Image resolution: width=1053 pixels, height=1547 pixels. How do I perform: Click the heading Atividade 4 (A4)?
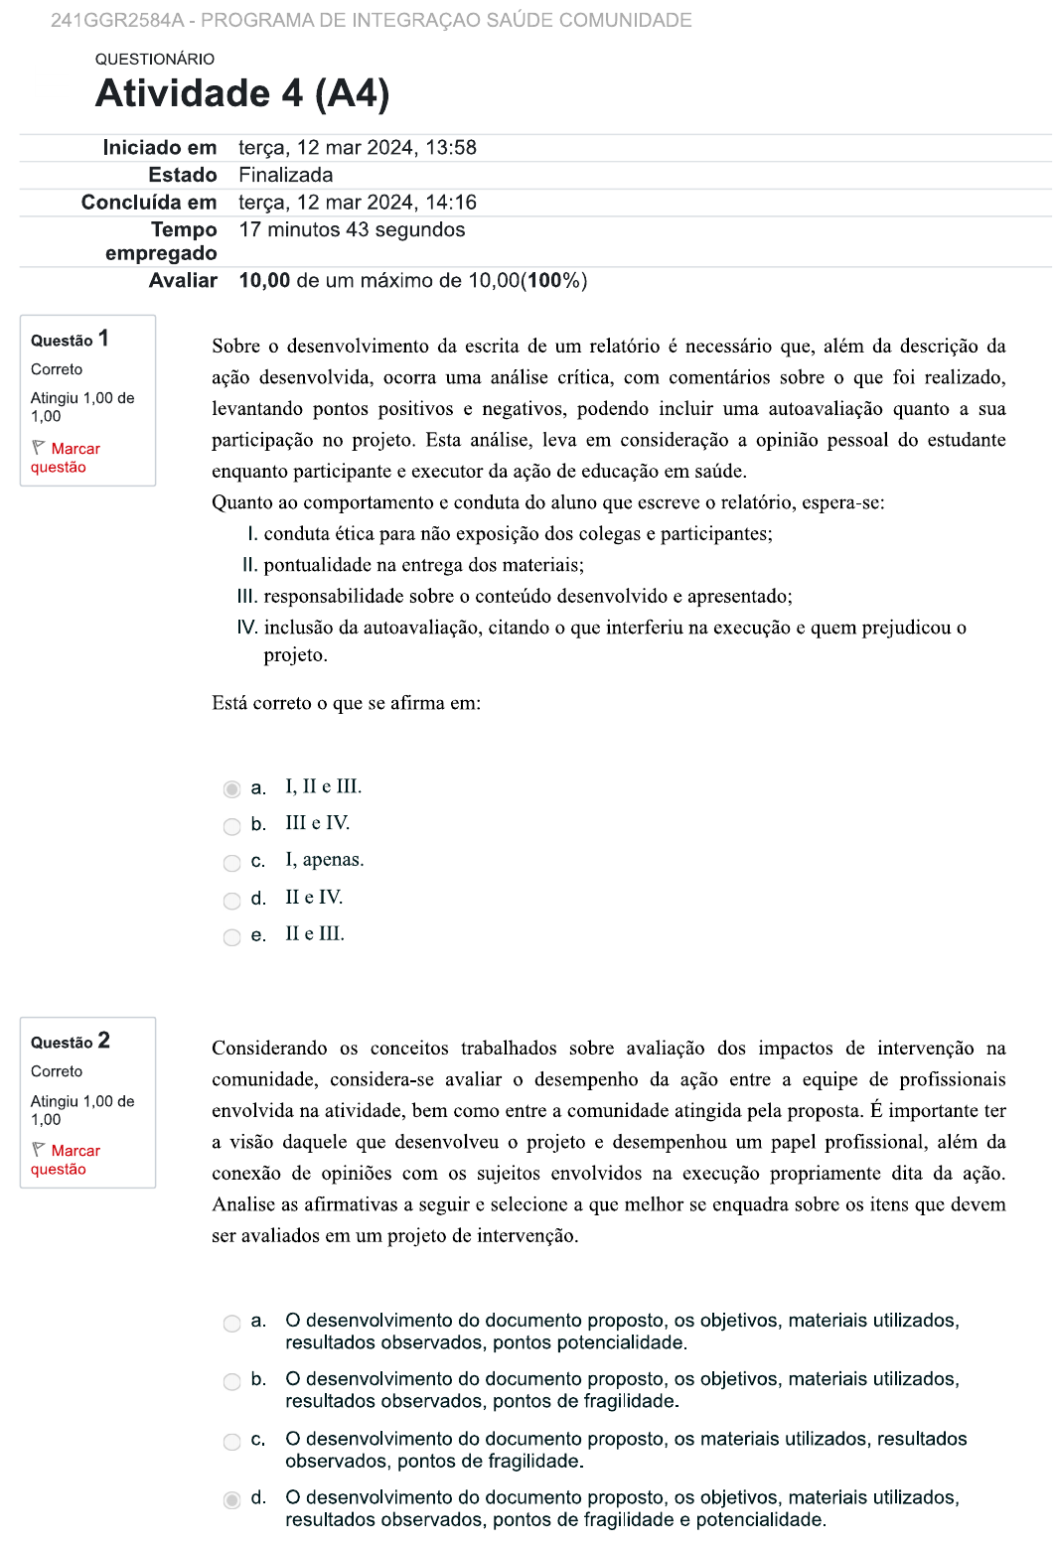pos(242,94)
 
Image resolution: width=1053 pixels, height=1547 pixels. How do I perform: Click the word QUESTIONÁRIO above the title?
pos(155,60)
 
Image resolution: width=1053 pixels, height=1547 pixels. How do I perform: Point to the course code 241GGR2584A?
pos(117,21)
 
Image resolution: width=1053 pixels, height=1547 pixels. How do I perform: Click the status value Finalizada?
pos(286,176)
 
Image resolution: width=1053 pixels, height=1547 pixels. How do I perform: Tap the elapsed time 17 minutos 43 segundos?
pos(352,230)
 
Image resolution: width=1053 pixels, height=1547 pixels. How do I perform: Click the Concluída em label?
pos(149,203)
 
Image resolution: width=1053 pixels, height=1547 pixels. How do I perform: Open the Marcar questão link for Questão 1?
pos(66,458)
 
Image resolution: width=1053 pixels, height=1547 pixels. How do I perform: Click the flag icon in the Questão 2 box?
pos(39,1149)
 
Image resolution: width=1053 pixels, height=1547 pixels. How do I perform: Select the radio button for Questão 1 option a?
pos(232,789)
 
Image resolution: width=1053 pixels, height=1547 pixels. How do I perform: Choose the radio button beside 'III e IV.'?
pos(232,826)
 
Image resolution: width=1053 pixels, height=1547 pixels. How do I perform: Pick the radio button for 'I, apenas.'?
pos(232,863)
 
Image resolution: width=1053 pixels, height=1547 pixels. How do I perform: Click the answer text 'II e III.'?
pos(315,934)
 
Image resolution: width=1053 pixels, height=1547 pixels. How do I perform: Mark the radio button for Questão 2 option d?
pos(232,1500)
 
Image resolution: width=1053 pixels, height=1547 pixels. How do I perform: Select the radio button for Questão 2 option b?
pos(232,1382)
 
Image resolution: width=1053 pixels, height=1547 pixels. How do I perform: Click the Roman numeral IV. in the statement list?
pos(247,628)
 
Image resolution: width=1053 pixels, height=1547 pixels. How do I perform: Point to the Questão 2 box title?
pos(71,1042)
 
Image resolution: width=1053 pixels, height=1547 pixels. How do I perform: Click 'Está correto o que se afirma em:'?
pos(346,704)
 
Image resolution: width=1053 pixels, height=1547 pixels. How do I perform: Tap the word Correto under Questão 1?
pos(57,369)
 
